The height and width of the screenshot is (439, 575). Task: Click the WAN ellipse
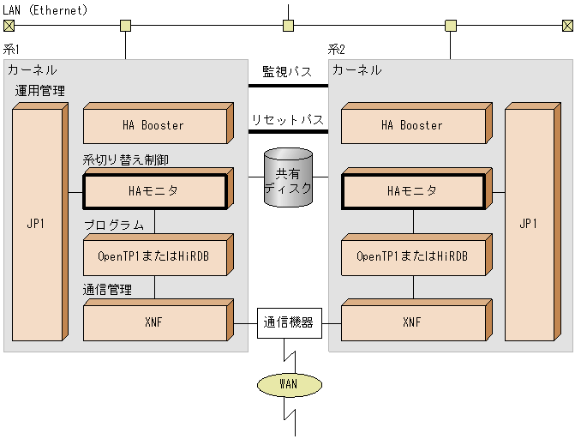click(288, 383)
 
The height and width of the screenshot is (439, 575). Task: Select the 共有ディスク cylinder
click(288, 177)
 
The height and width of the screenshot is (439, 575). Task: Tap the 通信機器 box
click(288, 323)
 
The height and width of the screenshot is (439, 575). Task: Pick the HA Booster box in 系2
click(412, 126)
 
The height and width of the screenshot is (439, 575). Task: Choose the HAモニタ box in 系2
click(412, 190)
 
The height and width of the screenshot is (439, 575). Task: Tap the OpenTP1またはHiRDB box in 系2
click(412, 256)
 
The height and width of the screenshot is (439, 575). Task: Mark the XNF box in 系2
click(412, 323)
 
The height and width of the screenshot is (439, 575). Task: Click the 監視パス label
click(288, 71)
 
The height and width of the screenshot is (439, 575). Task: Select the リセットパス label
click(288, 118)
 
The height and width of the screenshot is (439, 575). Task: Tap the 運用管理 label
click(39, 91)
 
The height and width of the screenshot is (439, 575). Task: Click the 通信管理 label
click(107, 290)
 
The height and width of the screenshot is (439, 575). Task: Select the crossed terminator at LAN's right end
click(567, 26)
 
